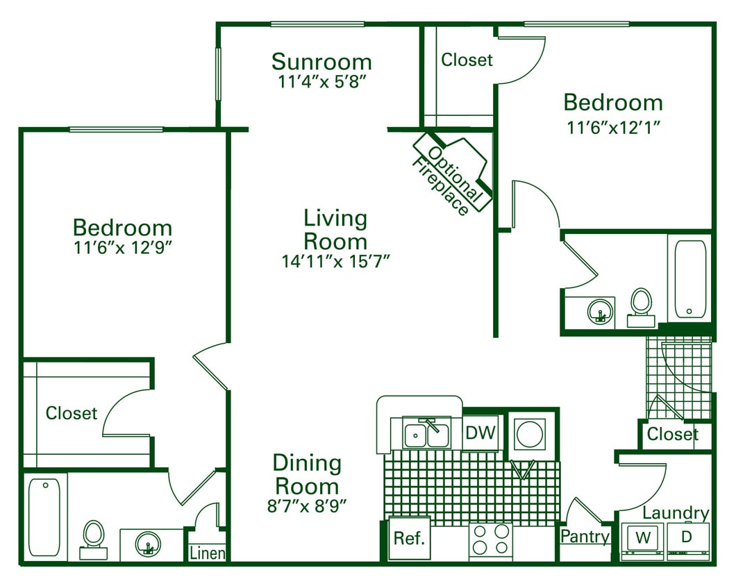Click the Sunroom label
point(321,62)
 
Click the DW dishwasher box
point(480,433)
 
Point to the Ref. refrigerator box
point(409,538)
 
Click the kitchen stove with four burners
point(492,539)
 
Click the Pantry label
point(585,536)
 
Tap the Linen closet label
point(208,553)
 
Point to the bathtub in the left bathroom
point(44,517)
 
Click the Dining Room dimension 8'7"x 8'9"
point(307,505)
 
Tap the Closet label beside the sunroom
point(467,60)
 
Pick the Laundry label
point(676,513)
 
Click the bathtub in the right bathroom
point(689,279)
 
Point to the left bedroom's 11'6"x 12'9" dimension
point(122,247)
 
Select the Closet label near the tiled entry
point(672,435)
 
